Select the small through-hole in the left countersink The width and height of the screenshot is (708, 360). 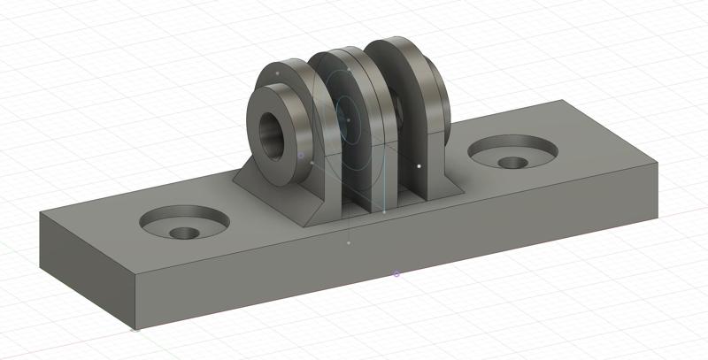pos(184,234)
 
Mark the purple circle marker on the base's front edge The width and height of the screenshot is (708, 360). pos(396,274)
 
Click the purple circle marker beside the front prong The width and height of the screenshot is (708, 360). pos(301,156)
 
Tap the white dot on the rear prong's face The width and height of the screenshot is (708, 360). pos(419,165)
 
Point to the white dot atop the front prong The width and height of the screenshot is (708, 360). pos(278,72)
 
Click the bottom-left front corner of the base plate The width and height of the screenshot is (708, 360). pos(135,329)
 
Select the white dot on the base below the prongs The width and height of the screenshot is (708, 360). pos(349,242)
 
